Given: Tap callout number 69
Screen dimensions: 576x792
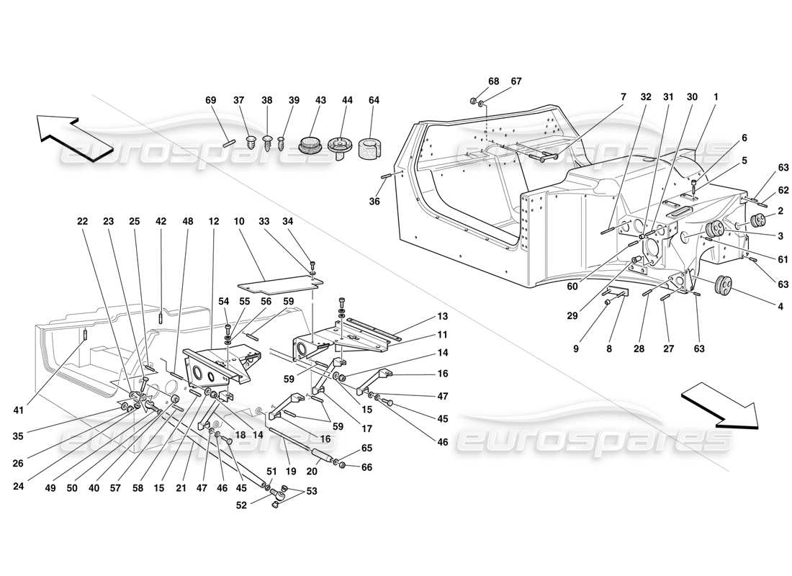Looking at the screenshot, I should [x=211, y=101].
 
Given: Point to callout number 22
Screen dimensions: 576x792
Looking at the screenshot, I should [x=83, y=222].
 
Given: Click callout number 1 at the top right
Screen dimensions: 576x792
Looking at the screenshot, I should [x=716, y=96].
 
